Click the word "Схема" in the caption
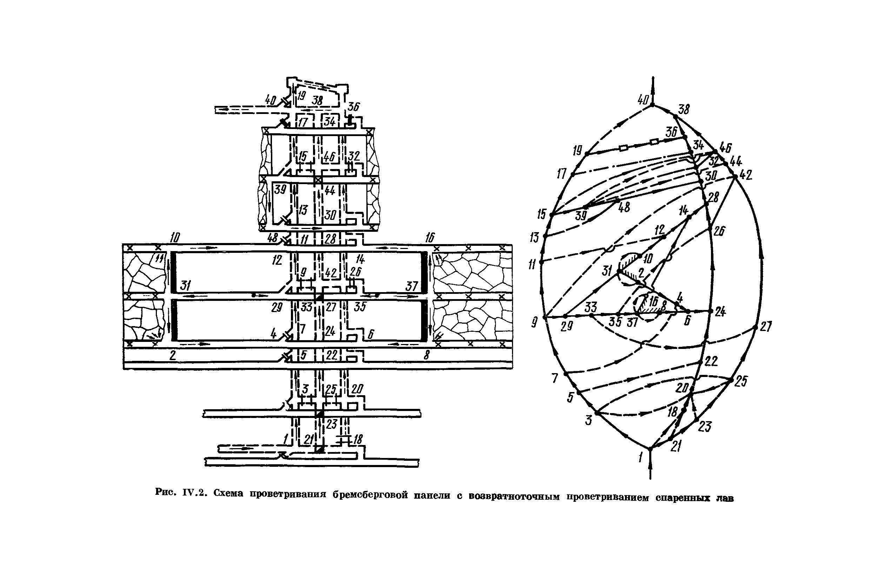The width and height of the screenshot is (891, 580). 228,493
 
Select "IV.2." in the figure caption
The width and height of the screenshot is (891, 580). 195,493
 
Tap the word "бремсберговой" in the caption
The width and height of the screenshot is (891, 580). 370,495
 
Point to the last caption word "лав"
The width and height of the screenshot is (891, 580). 725,498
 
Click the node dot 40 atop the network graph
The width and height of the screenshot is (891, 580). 652,105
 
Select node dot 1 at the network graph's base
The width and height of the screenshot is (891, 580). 650,448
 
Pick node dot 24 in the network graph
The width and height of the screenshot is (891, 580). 711,311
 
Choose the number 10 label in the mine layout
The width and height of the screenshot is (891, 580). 174,237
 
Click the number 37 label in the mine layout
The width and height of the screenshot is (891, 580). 411,286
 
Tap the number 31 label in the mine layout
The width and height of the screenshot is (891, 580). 185,286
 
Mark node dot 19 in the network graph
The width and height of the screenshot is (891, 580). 587,154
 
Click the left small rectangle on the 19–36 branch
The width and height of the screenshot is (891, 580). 623,148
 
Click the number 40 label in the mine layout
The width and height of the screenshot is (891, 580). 270,100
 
